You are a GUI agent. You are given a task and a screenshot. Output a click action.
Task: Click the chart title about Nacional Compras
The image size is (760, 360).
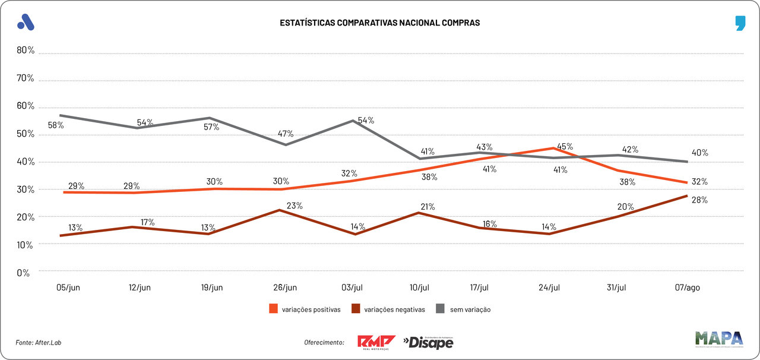(x=379, y=23)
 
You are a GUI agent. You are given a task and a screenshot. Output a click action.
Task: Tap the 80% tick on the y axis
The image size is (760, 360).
(x=26, y=50)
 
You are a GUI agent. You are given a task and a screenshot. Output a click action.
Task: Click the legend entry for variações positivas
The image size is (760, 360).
(x=305, y=310)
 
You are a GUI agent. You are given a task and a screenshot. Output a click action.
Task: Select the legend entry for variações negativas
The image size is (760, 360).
(x=388, y=310)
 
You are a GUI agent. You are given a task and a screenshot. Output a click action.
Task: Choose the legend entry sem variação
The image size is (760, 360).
(x=464, y=310)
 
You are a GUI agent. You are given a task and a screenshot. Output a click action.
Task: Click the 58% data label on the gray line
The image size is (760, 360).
(x=56, y=125)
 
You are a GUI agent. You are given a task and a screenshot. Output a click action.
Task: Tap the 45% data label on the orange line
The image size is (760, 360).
(x=565, y=147)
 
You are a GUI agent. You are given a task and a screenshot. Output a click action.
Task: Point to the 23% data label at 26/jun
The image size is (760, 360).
(x=294, y=206)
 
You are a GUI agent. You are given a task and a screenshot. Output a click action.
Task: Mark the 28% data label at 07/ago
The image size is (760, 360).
(x=699, y=200)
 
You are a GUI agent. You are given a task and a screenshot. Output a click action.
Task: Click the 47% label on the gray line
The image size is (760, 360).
(x=286, y=134)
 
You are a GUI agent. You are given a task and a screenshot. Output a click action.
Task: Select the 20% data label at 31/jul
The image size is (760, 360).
(x=626, y=207)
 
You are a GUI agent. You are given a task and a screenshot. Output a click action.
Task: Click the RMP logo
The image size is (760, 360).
(x=376, y=342)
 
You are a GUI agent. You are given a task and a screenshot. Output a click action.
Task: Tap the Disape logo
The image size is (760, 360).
(x=428, y=342)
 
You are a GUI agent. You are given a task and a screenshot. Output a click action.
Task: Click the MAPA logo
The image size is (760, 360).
(x=719, y=339)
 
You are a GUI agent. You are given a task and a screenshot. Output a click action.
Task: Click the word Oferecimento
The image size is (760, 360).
(x=324, y=342)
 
